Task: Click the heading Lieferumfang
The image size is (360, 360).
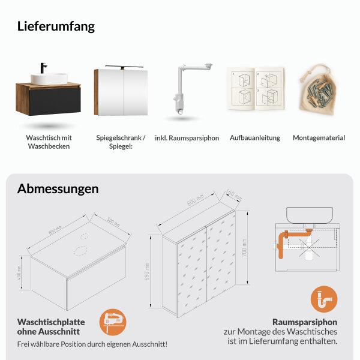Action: pyautogui.click(x=56, y=26)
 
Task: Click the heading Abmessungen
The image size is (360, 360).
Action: pyautogui.click(x=58, y=188)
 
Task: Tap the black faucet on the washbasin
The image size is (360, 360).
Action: pyautogui.click(x=44, y=68)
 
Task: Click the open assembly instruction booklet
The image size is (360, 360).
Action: pyautogui.click(x=254, y=89)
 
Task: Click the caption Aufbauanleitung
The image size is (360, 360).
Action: pyautogui.click(x=255, y=138)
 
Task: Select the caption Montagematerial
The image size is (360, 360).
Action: pyautogui.click(x=319, y=138)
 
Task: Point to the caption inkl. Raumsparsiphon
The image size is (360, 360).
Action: pyautogui.click(x=187, y=138)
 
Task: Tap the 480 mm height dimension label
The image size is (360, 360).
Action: pyautogui.click(x=20, y=274)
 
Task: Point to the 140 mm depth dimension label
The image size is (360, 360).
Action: pyautogui.click(x=233, y=196)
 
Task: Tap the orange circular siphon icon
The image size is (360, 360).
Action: pyautogui.click(x=324, y=299)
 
